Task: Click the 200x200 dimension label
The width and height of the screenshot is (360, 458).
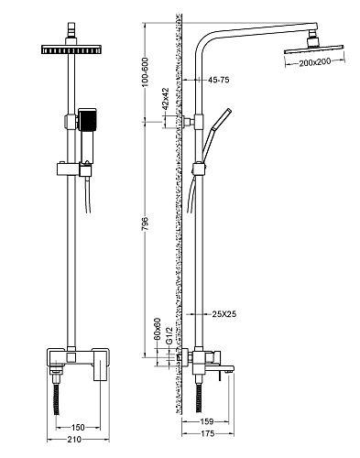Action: (314, 62)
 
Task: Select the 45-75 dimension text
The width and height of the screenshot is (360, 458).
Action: (218, 80)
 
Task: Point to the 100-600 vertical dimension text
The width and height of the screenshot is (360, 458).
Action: (145, 72)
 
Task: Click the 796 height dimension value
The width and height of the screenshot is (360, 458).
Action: (145, 224)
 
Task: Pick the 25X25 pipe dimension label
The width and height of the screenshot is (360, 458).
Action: (224, 314)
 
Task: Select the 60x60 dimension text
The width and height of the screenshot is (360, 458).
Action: (157, 329)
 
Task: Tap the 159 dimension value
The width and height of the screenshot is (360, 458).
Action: (207, 421)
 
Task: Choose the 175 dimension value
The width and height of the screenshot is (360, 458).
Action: (208, 433)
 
